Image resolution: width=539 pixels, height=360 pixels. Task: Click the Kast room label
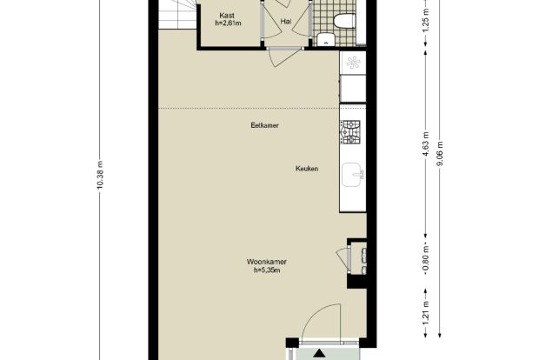coord(227,16)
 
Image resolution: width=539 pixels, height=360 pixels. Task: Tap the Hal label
coord(286,22)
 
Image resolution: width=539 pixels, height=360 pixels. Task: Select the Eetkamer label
coord(264,125)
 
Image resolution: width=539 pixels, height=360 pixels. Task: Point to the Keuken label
coord(307,169)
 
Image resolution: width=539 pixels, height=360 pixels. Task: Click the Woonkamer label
coord(267,262)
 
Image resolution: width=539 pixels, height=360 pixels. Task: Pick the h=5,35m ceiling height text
coord(267,270)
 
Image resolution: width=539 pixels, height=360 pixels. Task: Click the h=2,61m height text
coord(228,23)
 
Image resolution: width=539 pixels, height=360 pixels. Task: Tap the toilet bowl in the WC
coord(344,22)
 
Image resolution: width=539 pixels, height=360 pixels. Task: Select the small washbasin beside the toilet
coord(325,39)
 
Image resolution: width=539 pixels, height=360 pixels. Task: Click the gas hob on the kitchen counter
coord(350,131)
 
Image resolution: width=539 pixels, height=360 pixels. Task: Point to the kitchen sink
coord(353,175)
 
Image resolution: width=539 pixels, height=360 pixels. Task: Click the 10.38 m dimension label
coord(100,176)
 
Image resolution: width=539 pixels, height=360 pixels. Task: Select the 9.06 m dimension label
coord(440,154)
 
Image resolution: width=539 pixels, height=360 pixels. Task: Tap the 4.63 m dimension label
coord(426,144)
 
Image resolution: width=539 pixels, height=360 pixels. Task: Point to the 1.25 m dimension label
coord(426,20)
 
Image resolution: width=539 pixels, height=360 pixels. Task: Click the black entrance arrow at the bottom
coord(319,353)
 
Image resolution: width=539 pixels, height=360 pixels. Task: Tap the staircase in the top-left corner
coord(177,15)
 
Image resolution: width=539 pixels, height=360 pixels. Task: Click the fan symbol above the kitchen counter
coord(353,63)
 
